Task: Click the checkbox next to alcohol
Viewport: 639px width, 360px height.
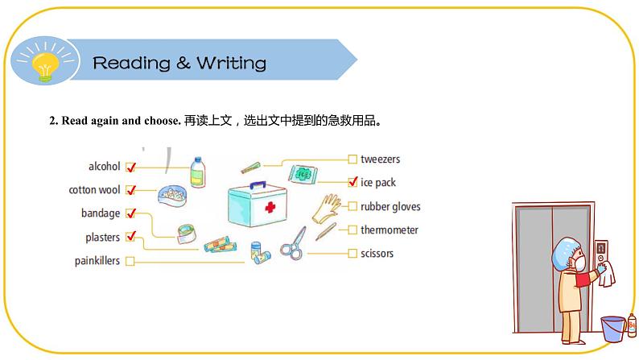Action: tap(130, 168)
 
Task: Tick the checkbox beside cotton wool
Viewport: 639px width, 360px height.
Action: tap(130, 191)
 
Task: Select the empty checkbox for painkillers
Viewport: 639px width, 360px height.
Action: tap(130, 261)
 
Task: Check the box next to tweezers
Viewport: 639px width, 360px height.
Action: tap(352, 159)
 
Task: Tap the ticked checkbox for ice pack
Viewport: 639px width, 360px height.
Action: tap(352, 183)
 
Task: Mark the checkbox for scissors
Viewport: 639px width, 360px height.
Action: tap(352, 254)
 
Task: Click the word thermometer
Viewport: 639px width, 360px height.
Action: tap(390, 230)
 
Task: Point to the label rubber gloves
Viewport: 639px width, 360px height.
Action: tap(390, 207)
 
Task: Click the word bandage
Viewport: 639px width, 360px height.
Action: tap(101, 213)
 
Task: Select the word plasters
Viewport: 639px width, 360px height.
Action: tap(103, 238)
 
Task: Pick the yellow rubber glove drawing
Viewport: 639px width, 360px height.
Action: tap(328, 207)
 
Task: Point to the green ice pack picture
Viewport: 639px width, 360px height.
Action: tap(304, 173)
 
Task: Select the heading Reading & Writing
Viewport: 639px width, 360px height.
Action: tap(179, 63)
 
